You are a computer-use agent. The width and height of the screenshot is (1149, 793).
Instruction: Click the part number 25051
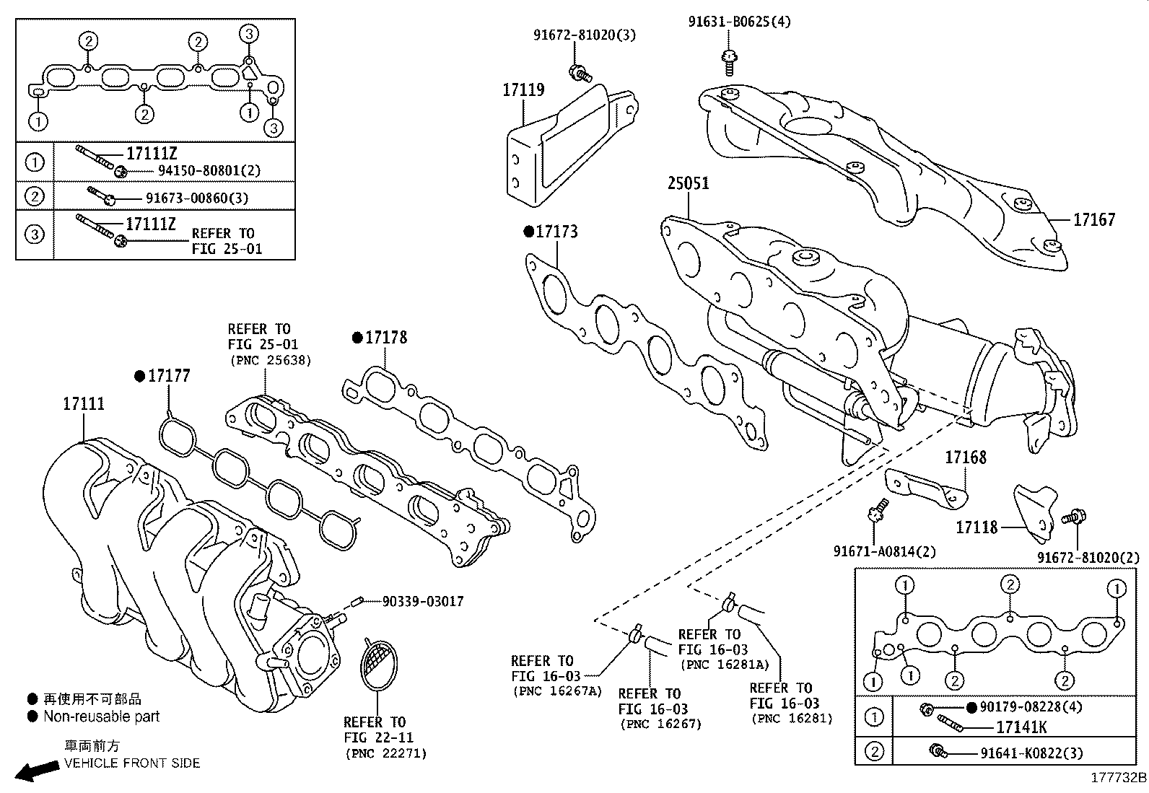688,183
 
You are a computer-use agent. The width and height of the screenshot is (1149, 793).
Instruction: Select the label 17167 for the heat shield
1093,219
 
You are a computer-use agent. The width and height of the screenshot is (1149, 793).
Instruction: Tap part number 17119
523,90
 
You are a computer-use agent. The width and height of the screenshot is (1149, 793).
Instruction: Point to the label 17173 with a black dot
556,232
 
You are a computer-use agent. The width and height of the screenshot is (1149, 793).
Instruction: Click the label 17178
385,337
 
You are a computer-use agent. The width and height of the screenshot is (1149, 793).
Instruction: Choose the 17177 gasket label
169,375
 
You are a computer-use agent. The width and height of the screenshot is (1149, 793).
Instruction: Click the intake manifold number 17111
83,404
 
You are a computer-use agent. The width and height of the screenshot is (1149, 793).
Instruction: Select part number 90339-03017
423,601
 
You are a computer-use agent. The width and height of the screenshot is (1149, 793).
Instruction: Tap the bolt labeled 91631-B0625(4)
739,22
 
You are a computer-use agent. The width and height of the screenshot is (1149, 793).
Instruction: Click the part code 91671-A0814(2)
884,551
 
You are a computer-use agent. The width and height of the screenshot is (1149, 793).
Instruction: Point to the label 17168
965,457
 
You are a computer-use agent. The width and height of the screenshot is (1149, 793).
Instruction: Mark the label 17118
977,527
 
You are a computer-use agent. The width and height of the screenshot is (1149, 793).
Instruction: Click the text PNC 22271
385,753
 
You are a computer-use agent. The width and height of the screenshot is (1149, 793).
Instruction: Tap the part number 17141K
1021,727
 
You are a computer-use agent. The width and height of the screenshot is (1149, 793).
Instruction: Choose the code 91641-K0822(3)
1031,753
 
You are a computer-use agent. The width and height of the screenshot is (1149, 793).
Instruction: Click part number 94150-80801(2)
209,171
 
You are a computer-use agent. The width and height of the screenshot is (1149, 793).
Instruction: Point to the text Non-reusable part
101,717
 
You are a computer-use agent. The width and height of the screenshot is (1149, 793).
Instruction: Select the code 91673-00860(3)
201,198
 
